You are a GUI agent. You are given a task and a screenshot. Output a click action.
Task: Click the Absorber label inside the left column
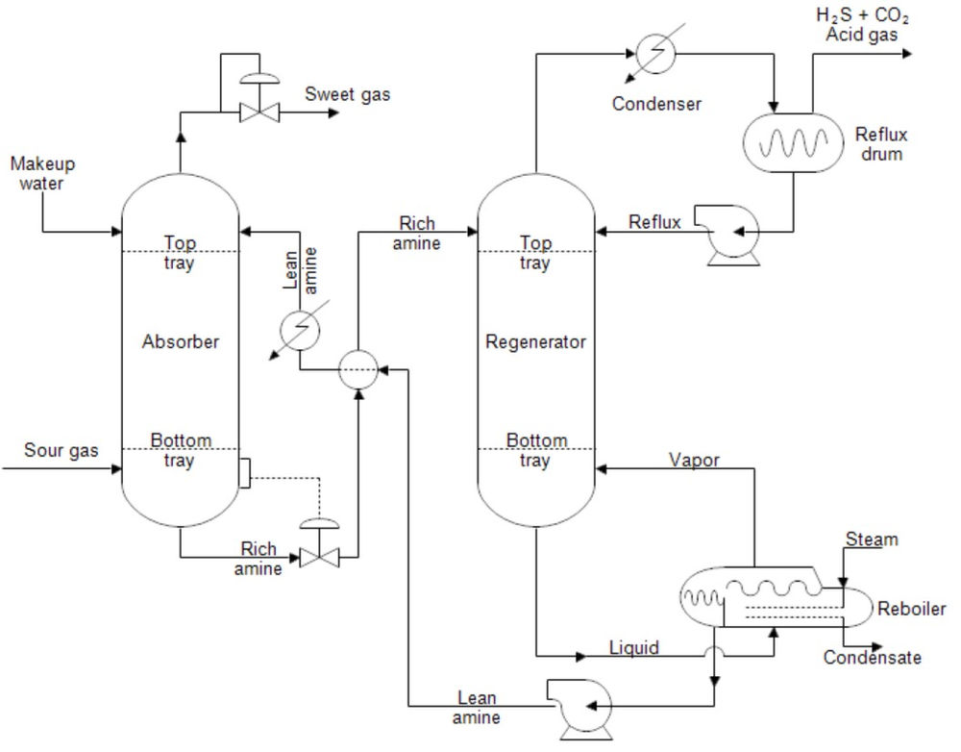pos(181,341)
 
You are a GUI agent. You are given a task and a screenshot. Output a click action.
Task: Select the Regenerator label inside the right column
pos(535,341)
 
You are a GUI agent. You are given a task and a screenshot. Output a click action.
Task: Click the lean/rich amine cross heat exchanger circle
pos(358,369)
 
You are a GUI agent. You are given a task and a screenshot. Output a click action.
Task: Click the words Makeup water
pos(42,173)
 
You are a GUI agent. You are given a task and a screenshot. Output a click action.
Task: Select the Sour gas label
pos(61,450)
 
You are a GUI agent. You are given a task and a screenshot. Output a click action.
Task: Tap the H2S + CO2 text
pos(861,15)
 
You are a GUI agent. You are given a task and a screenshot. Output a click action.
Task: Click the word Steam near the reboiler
pos(872,539)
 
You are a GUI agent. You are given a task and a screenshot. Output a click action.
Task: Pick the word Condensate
pos(872,658)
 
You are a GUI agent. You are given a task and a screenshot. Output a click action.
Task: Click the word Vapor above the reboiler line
pos(695,460)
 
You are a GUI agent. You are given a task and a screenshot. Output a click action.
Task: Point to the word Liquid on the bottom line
pos(635,647)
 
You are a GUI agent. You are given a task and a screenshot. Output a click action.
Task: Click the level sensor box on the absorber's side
pos(244,472)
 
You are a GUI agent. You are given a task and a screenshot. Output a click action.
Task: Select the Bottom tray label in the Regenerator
pos(536,450)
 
